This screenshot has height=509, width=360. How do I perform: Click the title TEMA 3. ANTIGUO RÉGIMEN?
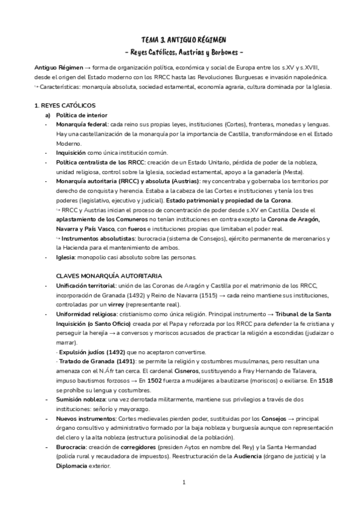pos(179,38)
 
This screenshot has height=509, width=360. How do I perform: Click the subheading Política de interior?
pos(82,115)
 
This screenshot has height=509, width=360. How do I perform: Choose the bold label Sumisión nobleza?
pos(83,399)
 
